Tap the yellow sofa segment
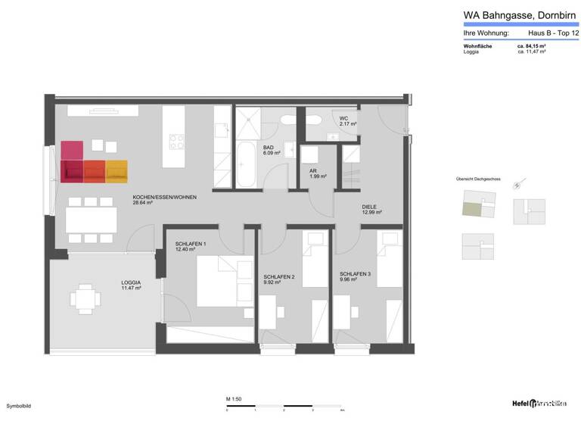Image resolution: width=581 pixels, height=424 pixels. [117, 172]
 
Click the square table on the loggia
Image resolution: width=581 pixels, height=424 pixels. [84, 298]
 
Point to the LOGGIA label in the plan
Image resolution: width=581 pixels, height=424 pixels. [132, 285]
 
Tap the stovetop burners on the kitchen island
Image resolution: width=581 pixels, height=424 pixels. [176, 142]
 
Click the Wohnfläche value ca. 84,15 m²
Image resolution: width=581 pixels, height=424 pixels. [531, 46]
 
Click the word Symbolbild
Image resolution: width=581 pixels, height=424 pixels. [20, 407]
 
